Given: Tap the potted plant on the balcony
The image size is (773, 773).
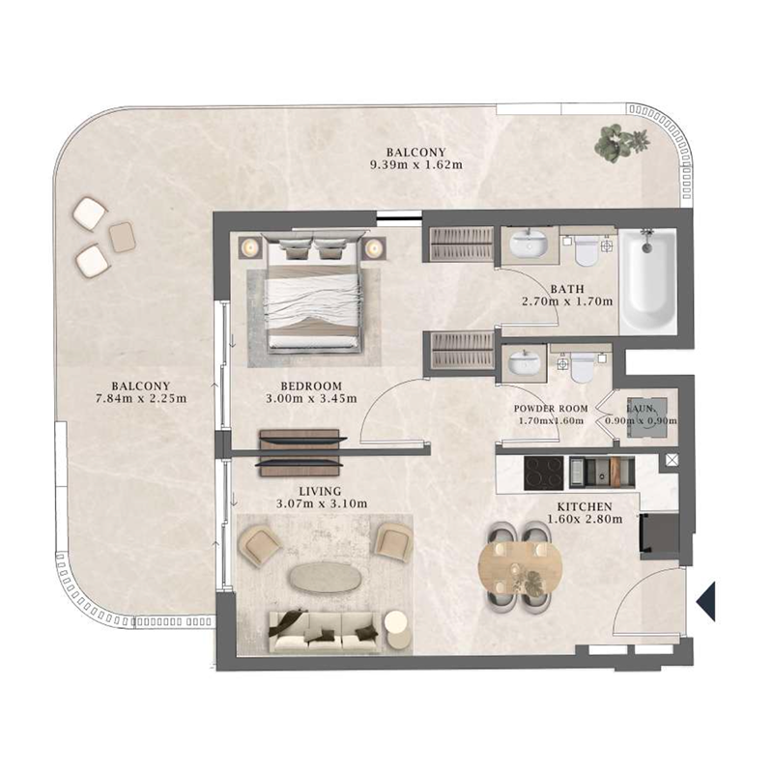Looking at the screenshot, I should click(x=614, y=142).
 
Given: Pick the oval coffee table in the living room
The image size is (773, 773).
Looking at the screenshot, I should click(x=327, y=578).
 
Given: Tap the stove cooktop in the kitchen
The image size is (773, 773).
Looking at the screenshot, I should click(x=543, y=471).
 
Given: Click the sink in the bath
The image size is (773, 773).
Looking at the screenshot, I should click(x=528, y=243).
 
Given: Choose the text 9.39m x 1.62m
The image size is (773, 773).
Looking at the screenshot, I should click(x=415, y=164).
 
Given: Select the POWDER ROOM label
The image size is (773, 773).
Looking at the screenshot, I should click(x=547, y=407).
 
